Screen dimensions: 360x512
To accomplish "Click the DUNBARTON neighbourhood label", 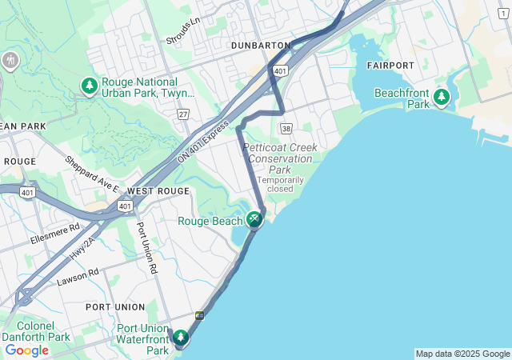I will pyautogui.click(x=260, y=46).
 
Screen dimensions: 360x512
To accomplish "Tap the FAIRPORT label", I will pyautogui.click(x=390, y=65).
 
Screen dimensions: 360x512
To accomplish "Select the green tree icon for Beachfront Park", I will pyautogui.click(x=441, y=98).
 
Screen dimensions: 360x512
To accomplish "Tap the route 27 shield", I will pyautogui.click(x=183, y=114).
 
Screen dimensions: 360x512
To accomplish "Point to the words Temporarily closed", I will pyautogui.click(x=280, y=184).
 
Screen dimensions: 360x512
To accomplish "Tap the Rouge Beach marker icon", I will pyautogui.click(x=254, y=218).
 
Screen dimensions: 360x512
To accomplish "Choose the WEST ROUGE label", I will pyautogui.click(x=158, y=191).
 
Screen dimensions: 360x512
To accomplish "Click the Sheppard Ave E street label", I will pyautogui.click(x=92, y=174).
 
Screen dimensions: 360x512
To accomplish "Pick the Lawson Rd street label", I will pyautogui.click(x=78, y=277).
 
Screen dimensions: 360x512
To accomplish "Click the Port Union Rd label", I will pyautogui.click(x=146, y=249).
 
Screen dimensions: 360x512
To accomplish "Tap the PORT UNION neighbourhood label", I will pyautogui.click(x=115, y=307).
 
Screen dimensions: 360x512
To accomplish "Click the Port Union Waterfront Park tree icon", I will pyautogui.click(x=182, y=338).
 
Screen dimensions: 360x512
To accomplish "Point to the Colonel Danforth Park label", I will pyautogui.click(x=38, y=331).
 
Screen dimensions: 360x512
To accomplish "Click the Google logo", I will pyautogui.click(x=26, y=350).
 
